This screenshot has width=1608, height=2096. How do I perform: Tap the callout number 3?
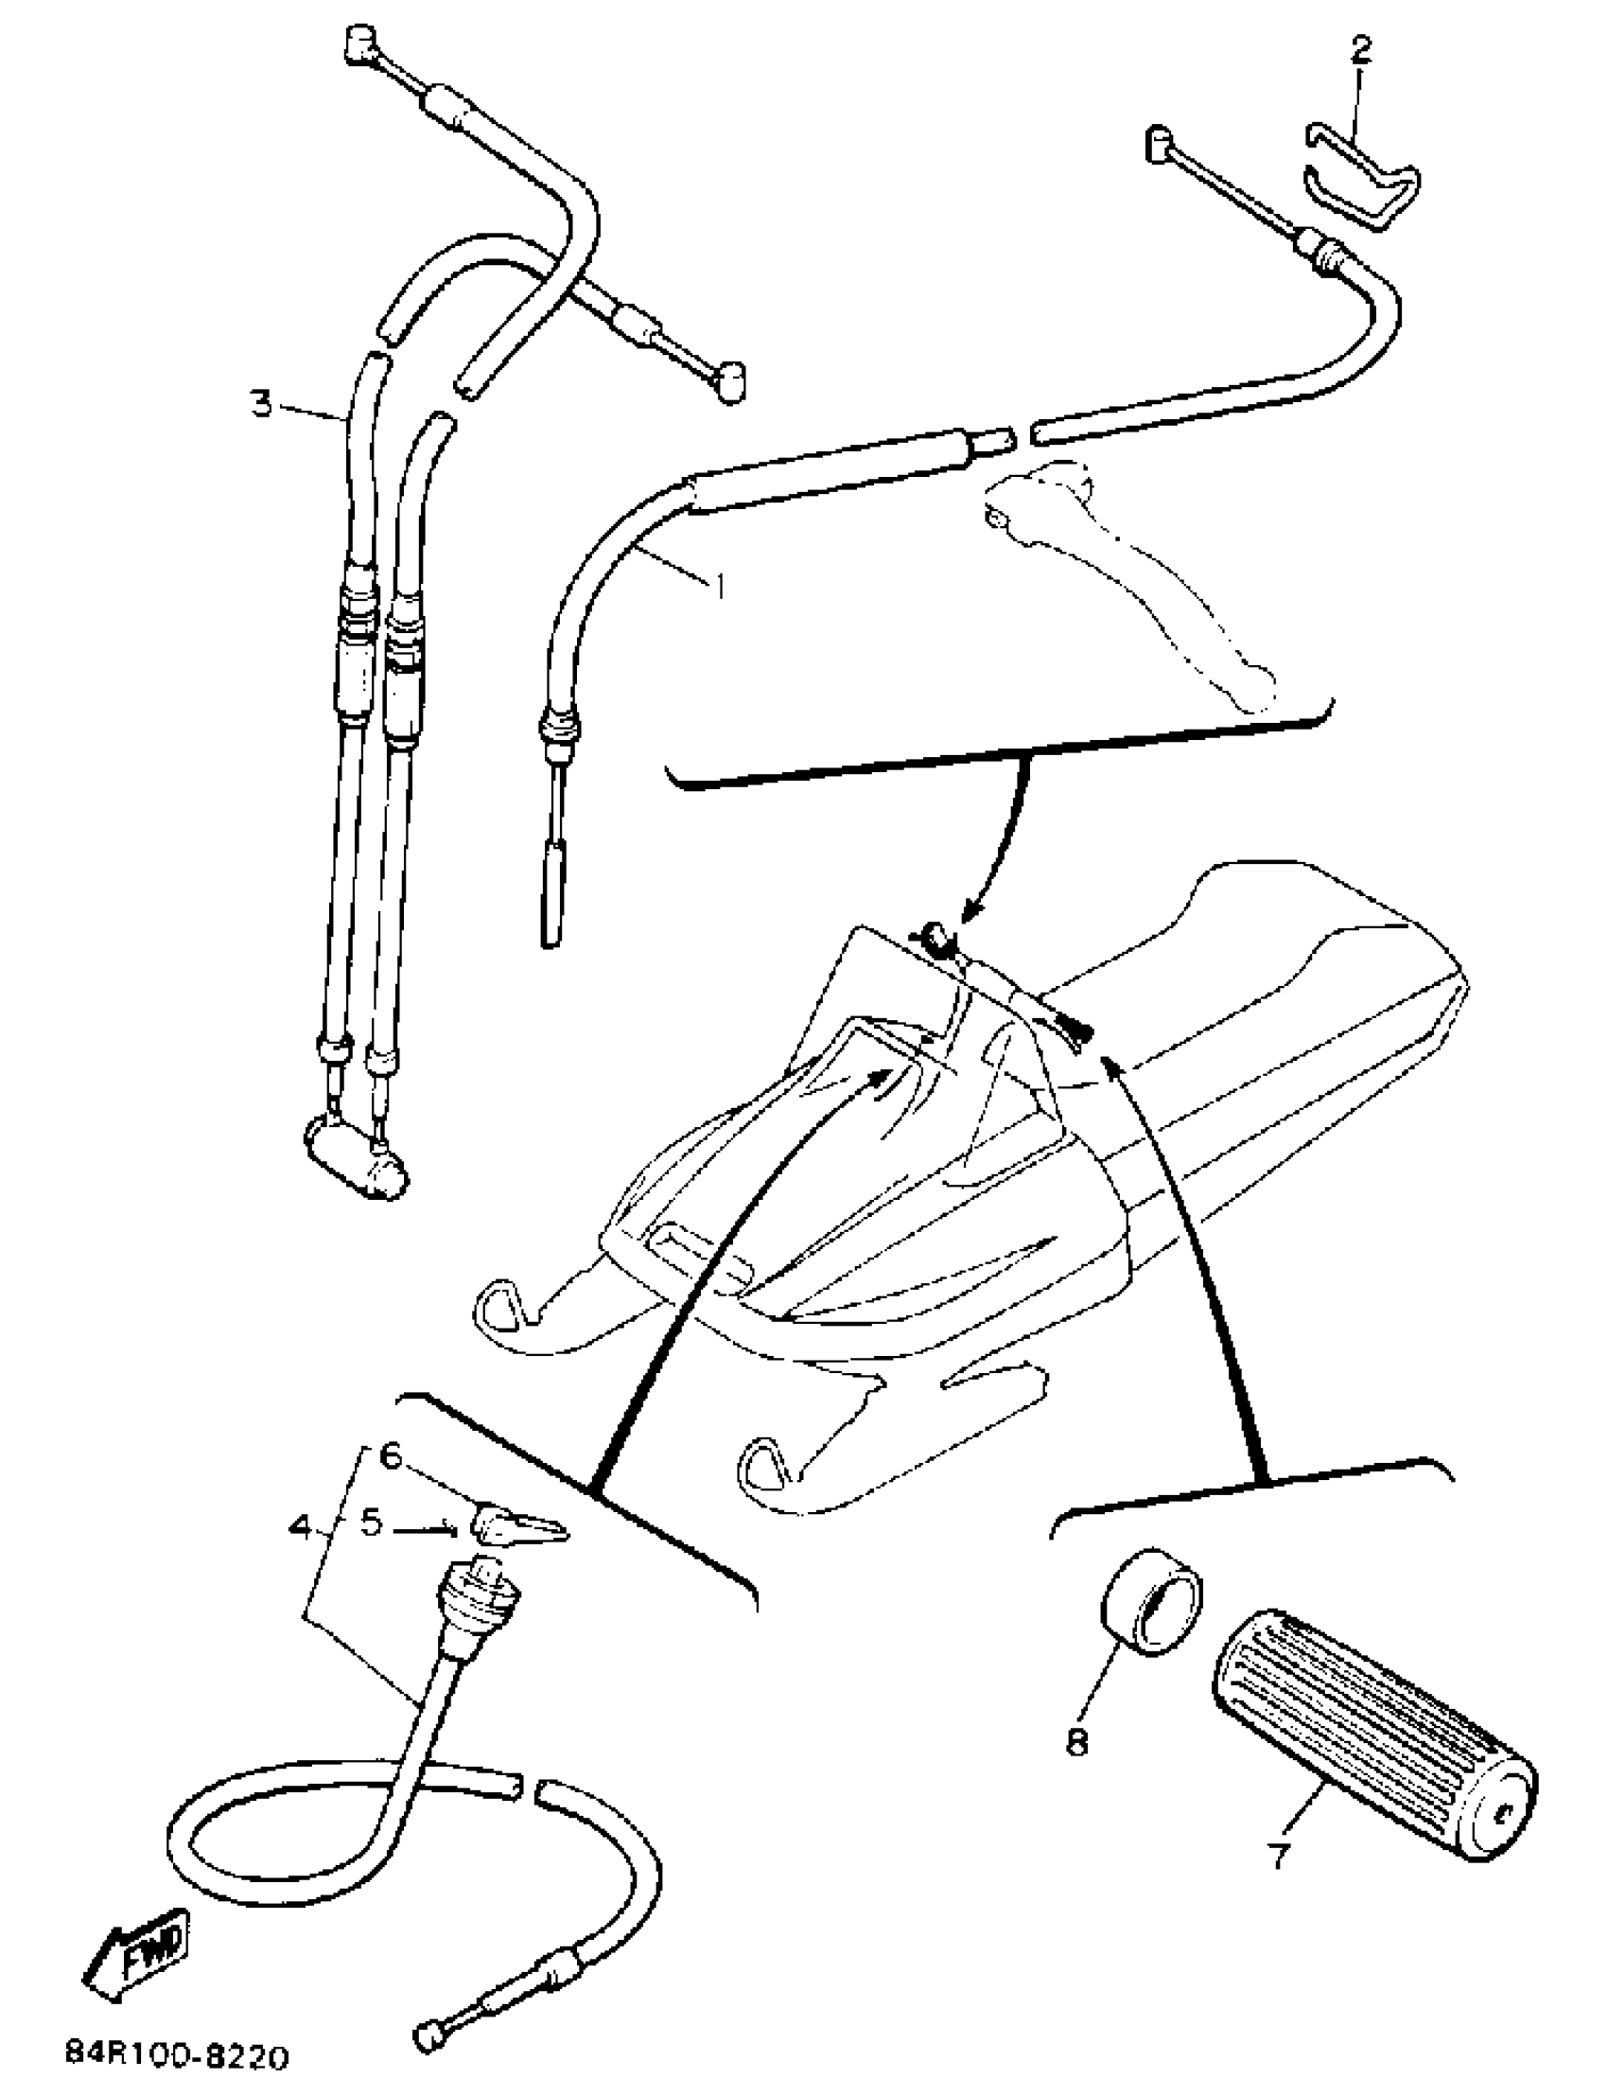[262, 403]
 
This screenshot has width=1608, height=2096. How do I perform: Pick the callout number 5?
[372, 1523]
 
